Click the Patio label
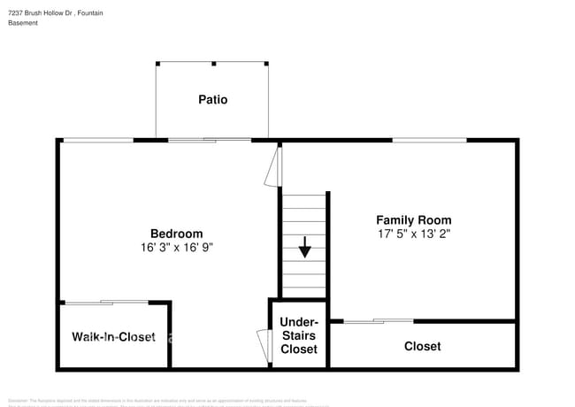[x=212, y=100]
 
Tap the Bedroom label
[x=176, y=234]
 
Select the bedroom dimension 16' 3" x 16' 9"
[x=176, y=248]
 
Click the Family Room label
[x=413, y=219]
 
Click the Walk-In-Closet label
[x=113, y=337]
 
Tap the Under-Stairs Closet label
[x=298, y=335]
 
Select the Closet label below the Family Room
[x=422, y=346]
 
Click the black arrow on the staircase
[x=304, y=246]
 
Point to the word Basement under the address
[x=25, y=22]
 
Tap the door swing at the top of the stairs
[x=273, y=166]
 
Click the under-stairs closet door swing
[x=264, y=344]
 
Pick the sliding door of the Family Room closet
[x=378, y=320]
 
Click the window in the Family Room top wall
[x=429, y=140]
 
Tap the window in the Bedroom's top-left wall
[x=97, y=140]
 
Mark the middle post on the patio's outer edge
[x=213, y=63]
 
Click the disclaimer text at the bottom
[x=168, y=402]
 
